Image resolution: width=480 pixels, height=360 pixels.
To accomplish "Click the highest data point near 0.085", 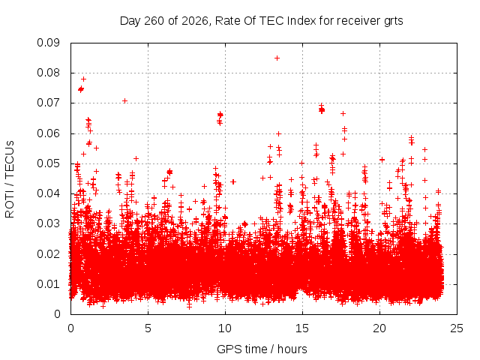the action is click(277, 58).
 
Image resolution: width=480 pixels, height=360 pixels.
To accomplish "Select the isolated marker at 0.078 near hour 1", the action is click(83, 79).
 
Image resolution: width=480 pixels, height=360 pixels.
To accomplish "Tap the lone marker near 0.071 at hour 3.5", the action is click(125, 101).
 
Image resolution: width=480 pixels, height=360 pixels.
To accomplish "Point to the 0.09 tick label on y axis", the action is click(48, 43).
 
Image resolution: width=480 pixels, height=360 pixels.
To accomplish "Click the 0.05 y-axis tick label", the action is click(48, 163).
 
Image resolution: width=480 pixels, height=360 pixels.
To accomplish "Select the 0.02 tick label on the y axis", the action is click(48, 254).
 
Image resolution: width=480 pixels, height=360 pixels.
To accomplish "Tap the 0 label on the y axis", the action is click(57, 314).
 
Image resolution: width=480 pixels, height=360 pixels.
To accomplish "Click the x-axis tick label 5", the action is click(148, 328).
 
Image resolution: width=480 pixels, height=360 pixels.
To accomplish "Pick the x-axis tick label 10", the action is click(225, 328).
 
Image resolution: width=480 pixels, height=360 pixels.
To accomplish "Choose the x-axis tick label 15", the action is click(302, 328).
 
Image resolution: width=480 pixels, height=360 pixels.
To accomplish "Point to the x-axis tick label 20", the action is click(379, 328).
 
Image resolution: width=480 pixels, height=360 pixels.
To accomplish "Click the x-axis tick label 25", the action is click(457, 328).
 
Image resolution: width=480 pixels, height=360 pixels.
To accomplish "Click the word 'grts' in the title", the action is click(393, 21).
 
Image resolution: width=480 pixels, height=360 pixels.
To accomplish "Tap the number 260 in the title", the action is click(154, 21).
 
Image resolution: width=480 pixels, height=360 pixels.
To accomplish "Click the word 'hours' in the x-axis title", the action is click(292, 349).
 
